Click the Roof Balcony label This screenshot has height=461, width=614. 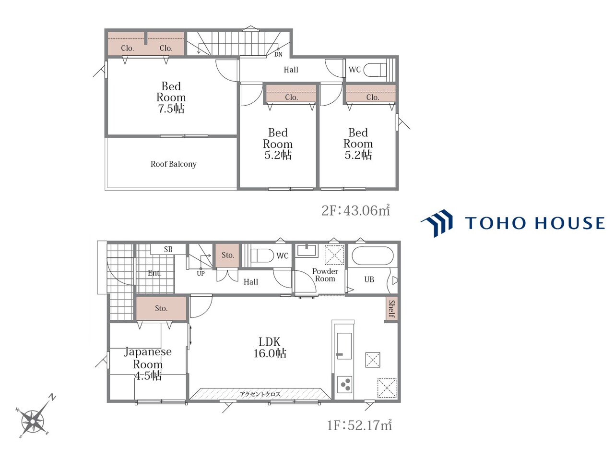[174, 164]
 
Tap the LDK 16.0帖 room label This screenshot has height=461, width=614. [270, 348]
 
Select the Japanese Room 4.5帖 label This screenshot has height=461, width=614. [148, 364]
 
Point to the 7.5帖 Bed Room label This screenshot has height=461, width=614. [171, 97]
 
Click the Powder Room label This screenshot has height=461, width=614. [325, 275]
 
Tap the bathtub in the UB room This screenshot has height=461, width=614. [373, 255]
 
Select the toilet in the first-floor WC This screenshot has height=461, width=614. [262, 255]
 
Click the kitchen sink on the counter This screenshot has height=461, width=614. [344, 346]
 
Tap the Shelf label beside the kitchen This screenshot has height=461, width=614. [391, 309]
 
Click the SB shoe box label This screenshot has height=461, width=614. [168, 249]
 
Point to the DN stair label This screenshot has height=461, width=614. [278, 54]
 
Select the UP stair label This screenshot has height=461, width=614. [201, 273]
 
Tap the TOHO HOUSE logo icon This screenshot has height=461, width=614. [437, 223]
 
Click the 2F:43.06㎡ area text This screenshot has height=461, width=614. [355, 210]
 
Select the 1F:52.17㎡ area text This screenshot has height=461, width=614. [359, 425]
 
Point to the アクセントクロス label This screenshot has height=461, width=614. [260, 394]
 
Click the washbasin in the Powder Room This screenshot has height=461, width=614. [307, 250]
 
